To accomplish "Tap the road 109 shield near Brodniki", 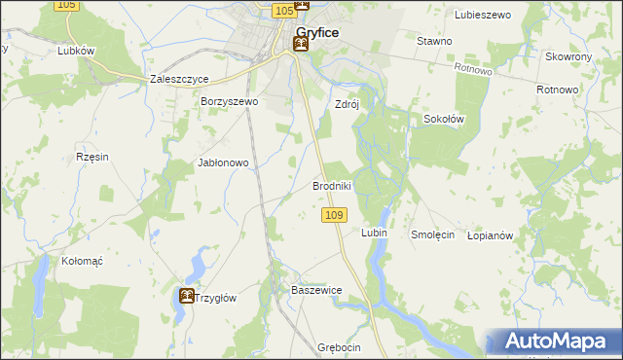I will (334, 214).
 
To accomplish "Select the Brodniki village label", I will (331, 185).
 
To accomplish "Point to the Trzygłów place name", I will (218, 298).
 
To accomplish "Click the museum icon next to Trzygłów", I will (185, 296).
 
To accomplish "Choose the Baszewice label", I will (316, 290).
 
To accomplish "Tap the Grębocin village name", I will (339, 347).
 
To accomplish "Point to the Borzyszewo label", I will (229, 101).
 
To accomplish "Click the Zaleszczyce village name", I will (180, 80).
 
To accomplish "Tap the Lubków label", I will (75, 51).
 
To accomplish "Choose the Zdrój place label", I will (348, 104).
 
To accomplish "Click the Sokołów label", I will (443, 119).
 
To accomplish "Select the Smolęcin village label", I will (433, 234).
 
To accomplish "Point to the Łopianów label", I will (490, 234).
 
